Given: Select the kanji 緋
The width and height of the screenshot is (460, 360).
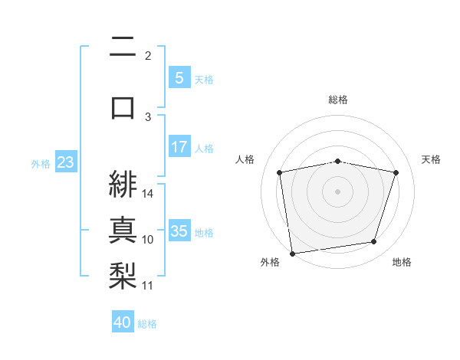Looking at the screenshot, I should click(123, 183).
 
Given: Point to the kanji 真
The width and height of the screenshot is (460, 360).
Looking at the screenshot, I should click(123, 229).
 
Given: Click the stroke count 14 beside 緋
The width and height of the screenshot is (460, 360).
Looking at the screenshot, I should click(149, 193).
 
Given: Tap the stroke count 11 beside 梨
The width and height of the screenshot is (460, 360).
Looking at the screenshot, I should click(149, 286).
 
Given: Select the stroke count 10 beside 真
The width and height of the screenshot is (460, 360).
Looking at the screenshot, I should click(149, 240).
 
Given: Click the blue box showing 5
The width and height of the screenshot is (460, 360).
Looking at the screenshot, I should click(179, 77).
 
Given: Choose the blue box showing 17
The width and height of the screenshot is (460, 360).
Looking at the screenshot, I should click(179, 147).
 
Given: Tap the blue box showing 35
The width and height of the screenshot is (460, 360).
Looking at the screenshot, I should click(179, 231).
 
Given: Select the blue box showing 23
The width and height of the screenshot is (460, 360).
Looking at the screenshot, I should click(65, 162).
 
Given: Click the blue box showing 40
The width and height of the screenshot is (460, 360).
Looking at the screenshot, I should click(123, 322).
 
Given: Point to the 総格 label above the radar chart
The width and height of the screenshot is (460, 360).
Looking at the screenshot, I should click(338, 100).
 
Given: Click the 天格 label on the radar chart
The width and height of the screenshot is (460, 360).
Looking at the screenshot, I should click(431, 159).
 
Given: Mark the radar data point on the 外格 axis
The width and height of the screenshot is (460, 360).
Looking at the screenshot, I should click(292, 253).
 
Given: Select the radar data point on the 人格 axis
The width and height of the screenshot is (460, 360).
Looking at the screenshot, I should click(280, 172).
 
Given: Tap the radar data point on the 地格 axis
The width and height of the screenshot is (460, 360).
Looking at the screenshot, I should click(373, 242).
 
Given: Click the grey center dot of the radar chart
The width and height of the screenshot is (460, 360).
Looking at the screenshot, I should click(338, 191).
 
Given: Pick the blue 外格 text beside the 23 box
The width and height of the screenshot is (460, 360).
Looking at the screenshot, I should click(41, 163).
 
